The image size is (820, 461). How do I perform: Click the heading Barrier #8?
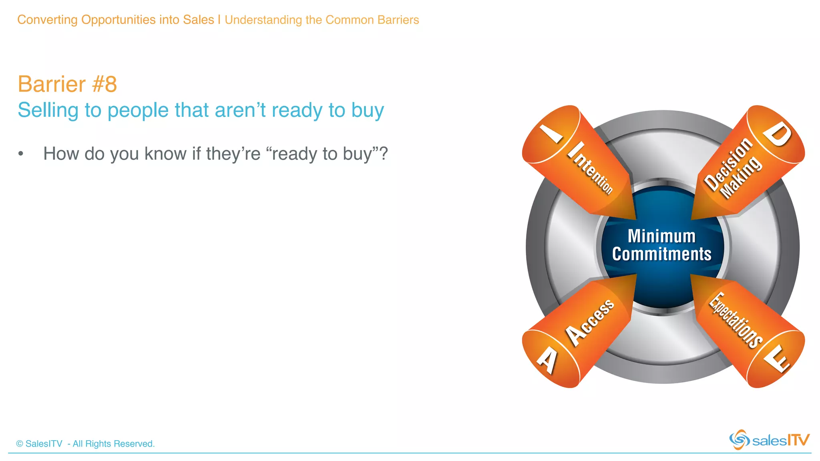tap(67, 84)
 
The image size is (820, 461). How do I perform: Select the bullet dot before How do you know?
tap(21, 154)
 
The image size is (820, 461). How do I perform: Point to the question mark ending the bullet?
tap(384, 153)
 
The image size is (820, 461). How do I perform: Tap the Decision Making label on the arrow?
tap(733, 168)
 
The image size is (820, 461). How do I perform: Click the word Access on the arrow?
tap(589, 322)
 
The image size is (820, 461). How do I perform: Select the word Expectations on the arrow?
tap(736, 320)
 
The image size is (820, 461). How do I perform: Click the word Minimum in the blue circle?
tap(661, 236)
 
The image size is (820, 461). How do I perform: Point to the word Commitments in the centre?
tap(661, 255)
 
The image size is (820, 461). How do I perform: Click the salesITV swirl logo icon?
tap(739, 440)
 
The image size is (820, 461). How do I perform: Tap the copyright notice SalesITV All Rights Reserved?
tap(85, 444)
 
